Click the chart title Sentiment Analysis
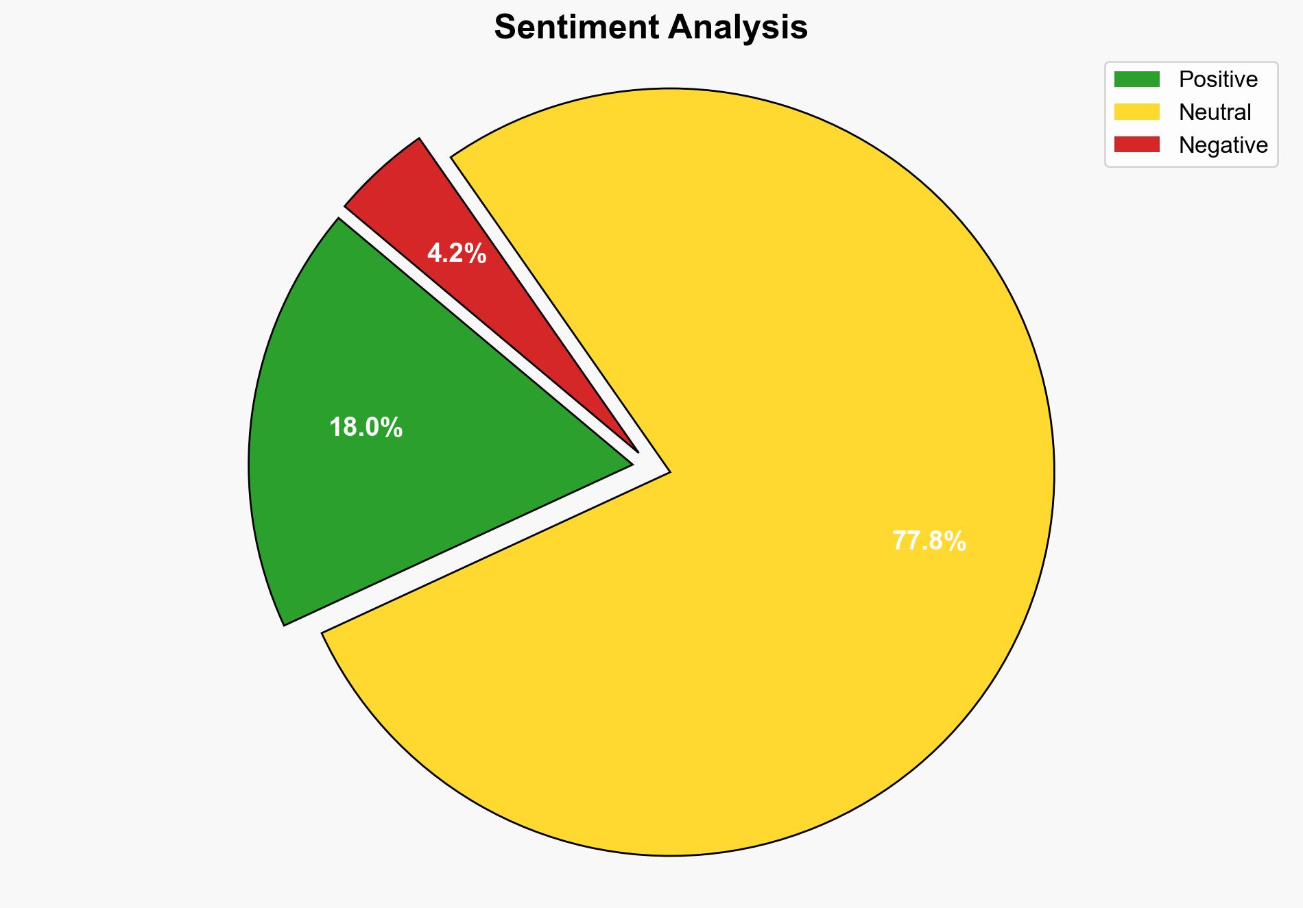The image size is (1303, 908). [651, 28]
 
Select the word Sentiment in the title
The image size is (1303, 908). [575, 28]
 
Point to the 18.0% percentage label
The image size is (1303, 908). [366, 428]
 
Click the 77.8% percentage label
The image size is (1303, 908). [929, 541]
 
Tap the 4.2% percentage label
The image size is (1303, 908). [457, 254]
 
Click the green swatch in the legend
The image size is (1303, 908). [1136, 79]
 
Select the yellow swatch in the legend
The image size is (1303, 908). [1136, 112]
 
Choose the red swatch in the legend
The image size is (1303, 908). [1136, 145]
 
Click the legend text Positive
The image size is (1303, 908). [1218, 79]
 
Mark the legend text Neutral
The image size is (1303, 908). [1215, 112]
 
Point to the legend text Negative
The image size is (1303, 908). [1223, 145]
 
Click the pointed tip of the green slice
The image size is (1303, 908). [631, 465]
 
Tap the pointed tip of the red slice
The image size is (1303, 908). [637, 452]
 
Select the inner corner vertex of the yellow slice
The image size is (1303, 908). [669, 471]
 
